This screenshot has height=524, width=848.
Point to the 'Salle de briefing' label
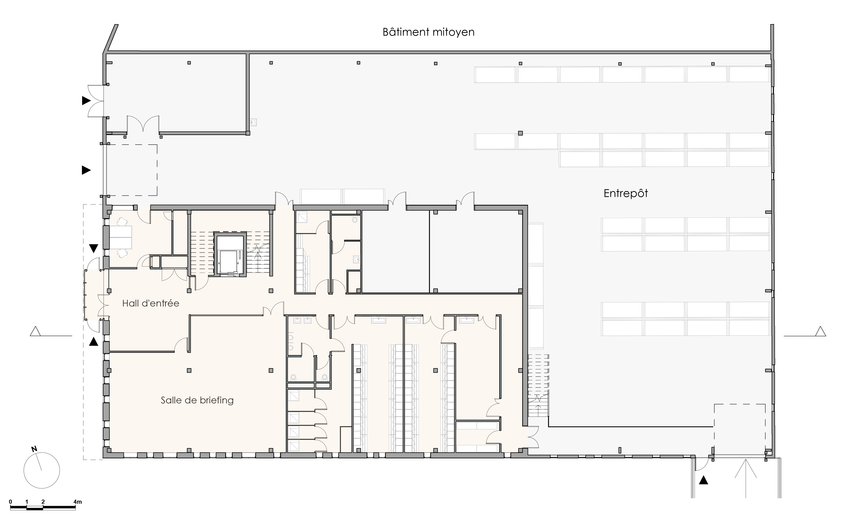[197, 400]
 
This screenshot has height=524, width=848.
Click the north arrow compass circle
[42, 470]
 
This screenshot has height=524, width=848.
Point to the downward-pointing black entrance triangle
[94, 248]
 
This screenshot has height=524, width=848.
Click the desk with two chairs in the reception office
[121, 237]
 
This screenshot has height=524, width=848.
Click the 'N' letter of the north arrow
[34, 449]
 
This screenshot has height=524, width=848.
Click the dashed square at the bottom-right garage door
[740, 430]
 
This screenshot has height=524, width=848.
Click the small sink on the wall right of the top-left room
[253, 122]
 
